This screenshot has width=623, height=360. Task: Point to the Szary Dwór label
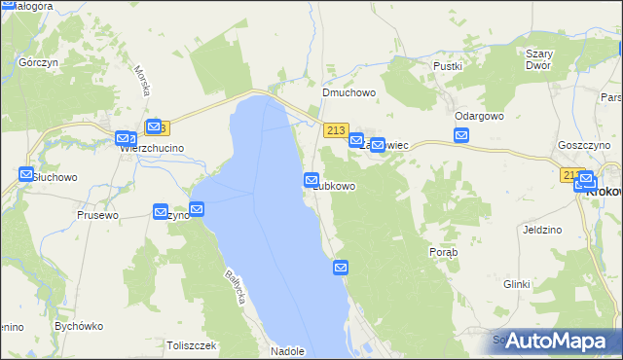point(537,59)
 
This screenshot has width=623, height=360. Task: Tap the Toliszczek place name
point(191,344)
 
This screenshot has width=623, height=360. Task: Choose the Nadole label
point(289,351)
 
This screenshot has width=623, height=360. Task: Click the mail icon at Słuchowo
point(26,175)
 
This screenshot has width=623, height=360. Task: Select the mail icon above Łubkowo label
point(311,180)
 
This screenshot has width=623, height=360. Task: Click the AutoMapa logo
point(556,341)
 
